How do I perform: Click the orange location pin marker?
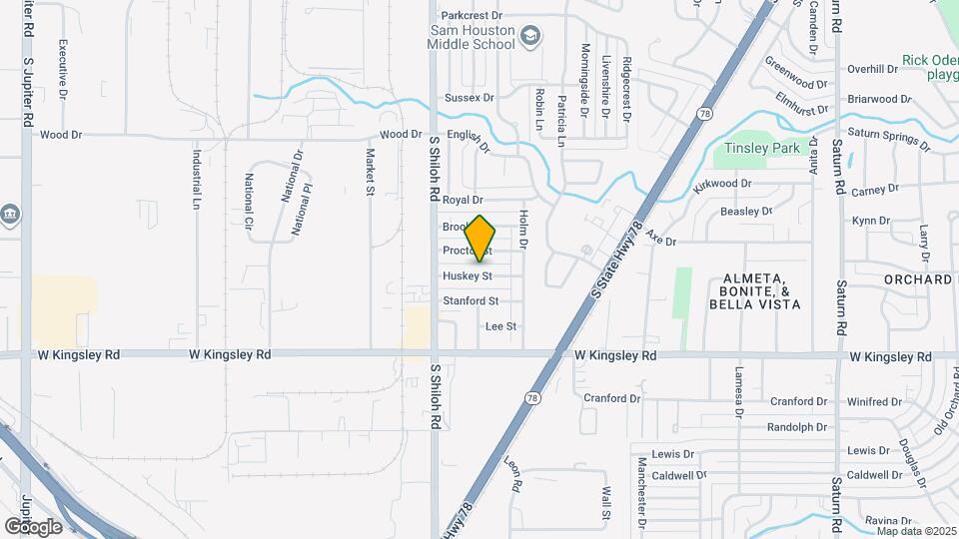[x=480, y=238]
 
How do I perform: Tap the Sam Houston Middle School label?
[x=473, y=39]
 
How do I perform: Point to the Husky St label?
[x=468, y=275]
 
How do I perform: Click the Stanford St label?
[x=470, y=300]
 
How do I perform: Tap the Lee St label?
[x=500, y=326]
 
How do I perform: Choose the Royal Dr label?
[x=463, y=201]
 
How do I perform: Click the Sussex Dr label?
[x=470, y=98]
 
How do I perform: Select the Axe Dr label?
[x=661, y=241]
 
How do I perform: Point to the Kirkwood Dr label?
[x=722, y=184]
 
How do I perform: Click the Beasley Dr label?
[x=747, y=212]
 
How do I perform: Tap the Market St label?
[x=370, y=172]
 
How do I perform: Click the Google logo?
[x=33, y=526]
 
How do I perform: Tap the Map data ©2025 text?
[x=916, y=531]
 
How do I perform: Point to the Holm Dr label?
[x=522, y=229]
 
